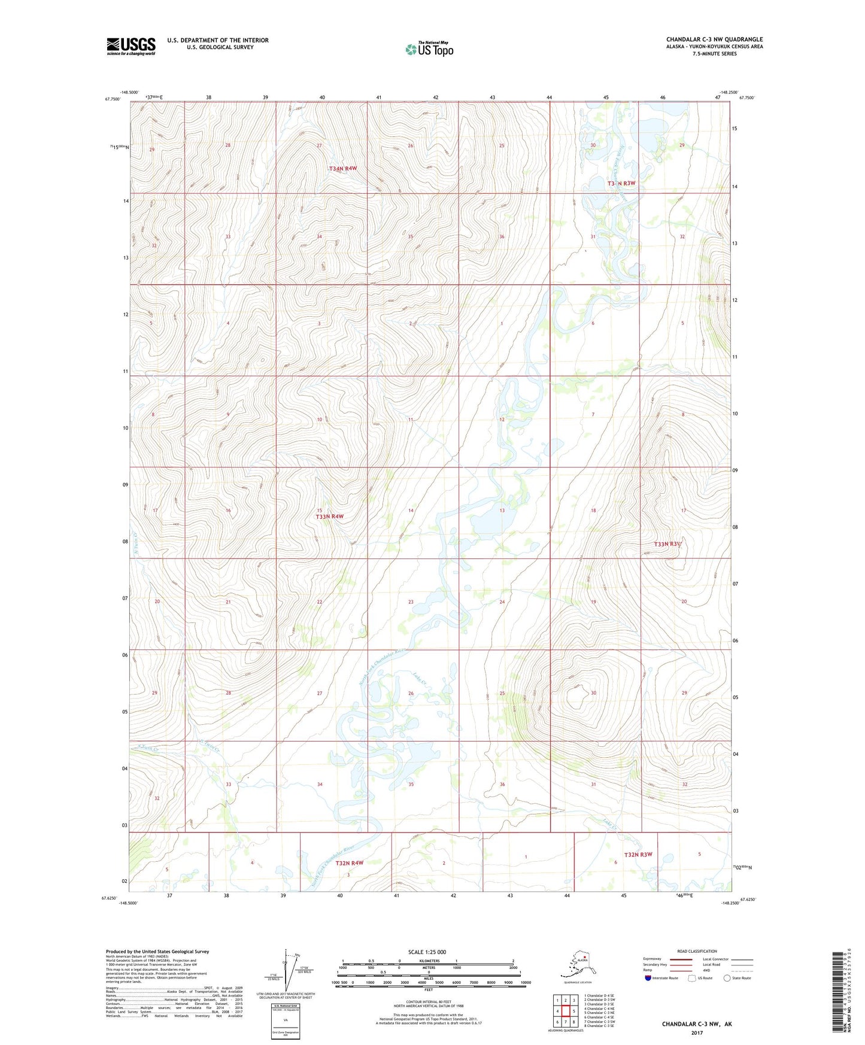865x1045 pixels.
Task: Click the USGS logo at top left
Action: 131,46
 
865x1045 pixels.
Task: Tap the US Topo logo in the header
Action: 429,49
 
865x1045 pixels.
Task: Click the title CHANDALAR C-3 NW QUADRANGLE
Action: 714,40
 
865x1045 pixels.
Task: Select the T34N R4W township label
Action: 342,169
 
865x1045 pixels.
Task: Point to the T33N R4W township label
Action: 329,517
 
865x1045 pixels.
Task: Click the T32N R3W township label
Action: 638,855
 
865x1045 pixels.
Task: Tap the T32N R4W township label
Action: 349,863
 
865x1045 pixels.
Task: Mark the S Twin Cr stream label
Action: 147,748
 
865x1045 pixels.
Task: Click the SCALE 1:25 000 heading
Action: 427,952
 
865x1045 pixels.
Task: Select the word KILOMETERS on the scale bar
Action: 427,961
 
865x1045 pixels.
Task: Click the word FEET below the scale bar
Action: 428,990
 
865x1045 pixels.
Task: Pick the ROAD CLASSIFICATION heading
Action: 697,951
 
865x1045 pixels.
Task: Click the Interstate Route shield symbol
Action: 648,978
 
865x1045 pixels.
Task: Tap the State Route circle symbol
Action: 727,978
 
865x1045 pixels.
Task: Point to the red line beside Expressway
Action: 681,959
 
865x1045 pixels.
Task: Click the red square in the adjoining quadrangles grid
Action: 565,1011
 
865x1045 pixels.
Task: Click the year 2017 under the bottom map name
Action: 696,1032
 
